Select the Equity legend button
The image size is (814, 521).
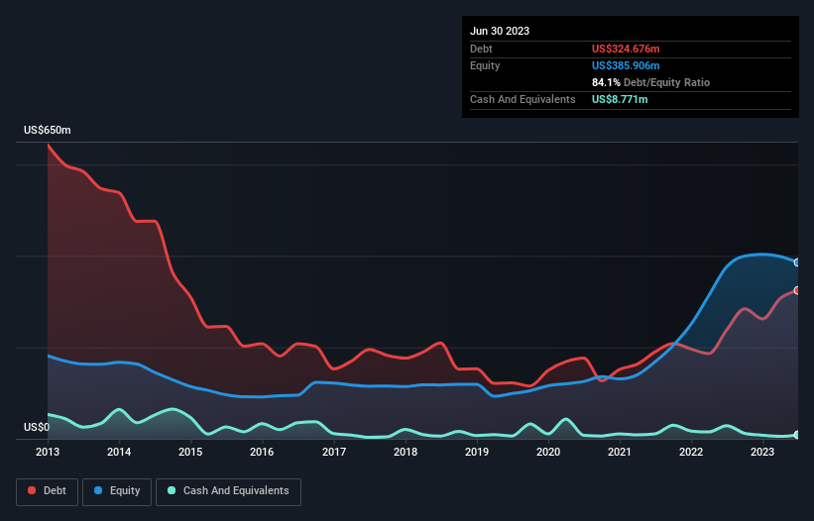[x=117, y=491]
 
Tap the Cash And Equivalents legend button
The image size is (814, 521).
[x=228, y=491]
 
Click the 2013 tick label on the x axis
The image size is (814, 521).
[x=48, y=453]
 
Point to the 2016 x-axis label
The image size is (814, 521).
[x=262, y=453]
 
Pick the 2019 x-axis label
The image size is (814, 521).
[x=477, y=453]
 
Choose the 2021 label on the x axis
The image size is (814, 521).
[x=620, y=453]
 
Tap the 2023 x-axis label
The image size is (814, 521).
[x=762, y=453]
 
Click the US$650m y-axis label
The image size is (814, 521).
[x=48, y=131]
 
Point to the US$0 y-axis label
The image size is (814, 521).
[x=37, y=428]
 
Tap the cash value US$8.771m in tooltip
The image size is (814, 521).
[x=620, y=99]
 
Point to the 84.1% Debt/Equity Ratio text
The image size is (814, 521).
[x=650, y=82]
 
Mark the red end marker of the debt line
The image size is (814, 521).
[x=796, y=289]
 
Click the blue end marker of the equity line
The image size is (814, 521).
[x=796, y=262]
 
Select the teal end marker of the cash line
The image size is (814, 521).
[x=796, y=435]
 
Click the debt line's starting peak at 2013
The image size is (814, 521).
[x=49, y=146]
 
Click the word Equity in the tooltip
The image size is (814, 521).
[x=485, y=65]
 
